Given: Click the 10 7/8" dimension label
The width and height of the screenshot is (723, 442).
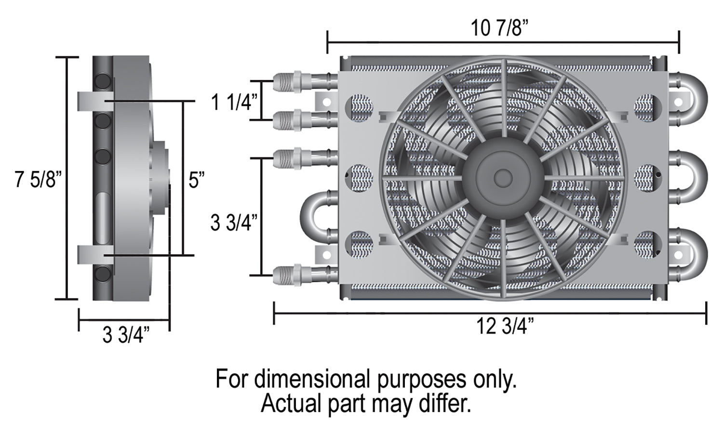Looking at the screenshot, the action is (x=499, y=28).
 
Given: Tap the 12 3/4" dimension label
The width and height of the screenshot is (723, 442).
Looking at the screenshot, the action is (x=505, y=326).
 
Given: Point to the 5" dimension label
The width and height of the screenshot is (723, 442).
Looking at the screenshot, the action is (x=197, y=180).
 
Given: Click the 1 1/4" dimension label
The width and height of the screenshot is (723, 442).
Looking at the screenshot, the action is (x=234, y=102).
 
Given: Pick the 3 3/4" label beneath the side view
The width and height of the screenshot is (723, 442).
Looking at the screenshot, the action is (x=126, y=335).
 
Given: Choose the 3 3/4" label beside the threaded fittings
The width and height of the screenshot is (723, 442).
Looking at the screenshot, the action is (x=234, y=222).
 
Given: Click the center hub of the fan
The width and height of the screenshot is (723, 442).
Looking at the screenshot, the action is (x=503, y=178).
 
